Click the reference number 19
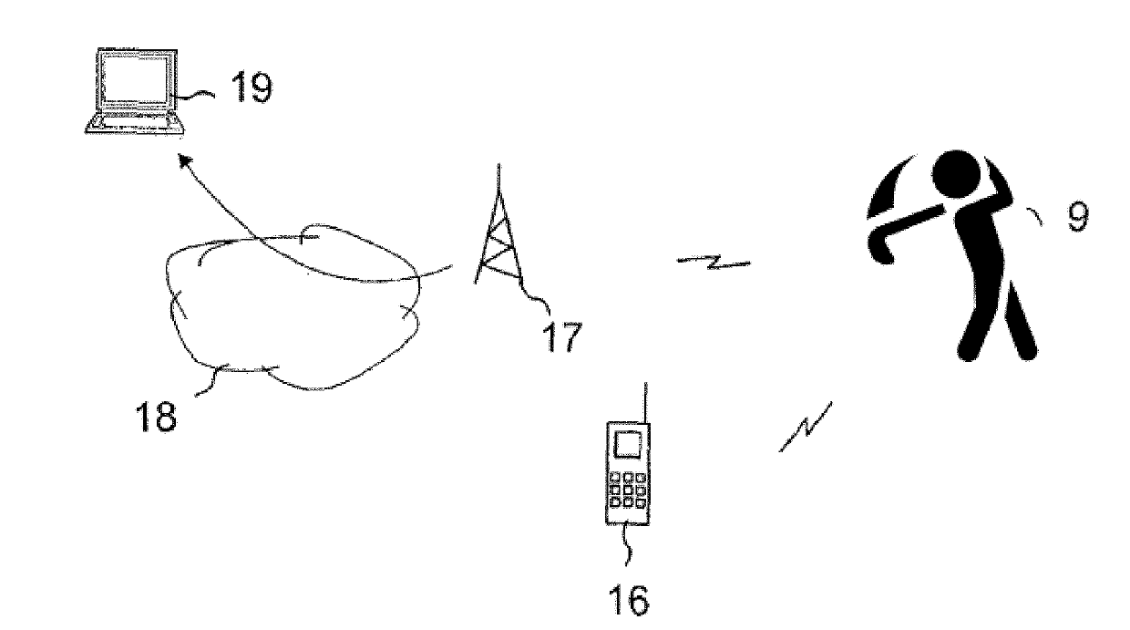coord(252,88)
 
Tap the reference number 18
coord(156,416)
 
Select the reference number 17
coord(562,337)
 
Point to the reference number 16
coord(628,600)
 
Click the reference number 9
coord(1078,217)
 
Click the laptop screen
coord(135,79)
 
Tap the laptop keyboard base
coord(135,124)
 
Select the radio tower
coord(498,227)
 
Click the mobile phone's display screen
coord(627,444)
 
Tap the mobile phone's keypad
coord(628,490)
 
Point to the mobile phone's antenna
coord(646,403)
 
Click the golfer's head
coord(957,174)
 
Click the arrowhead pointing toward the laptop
coord(186,162)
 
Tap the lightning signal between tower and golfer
coord(713,262)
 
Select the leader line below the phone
coord(628,545)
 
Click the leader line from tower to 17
coord(536,296)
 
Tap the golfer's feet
coord(996,351)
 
